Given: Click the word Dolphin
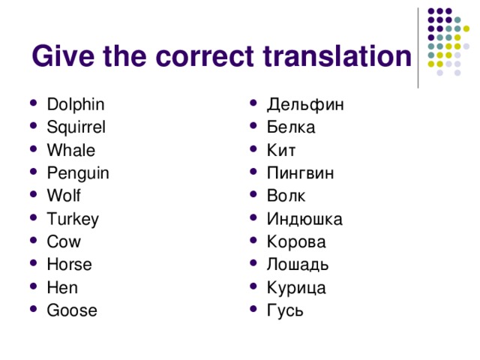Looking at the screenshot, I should pos(75,104).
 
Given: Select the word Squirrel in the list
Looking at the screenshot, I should pos(76,127).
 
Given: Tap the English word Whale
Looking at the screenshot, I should pos(70,150).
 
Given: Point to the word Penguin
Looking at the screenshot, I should pos(77,173).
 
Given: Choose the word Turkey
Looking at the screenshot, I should pos(73,219).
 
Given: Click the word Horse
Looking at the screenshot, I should pos(69,265).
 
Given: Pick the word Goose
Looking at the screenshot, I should pos(71,310).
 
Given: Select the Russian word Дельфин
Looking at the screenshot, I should pos(306,104).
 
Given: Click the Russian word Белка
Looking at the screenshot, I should pos(291,127).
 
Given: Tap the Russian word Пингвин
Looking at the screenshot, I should pos(301,173).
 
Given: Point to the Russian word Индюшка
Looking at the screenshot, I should pos(304,219).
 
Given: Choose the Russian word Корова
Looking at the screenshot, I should pos(296,242).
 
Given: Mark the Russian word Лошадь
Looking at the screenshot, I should pos(297,265).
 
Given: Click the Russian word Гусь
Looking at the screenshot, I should pos(285,310).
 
